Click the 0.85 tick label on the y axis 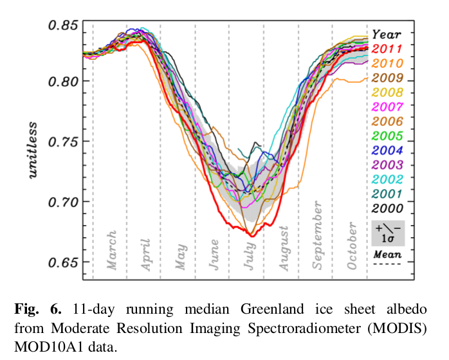pos(63,26)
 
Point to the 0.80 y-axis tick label pos(63,82)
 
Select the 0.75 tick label pos(63,141)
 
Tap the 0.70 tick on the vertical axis pos(63,202)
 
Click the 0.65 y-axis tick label pos(63,262)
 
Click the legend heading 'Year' pos(387,34)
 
